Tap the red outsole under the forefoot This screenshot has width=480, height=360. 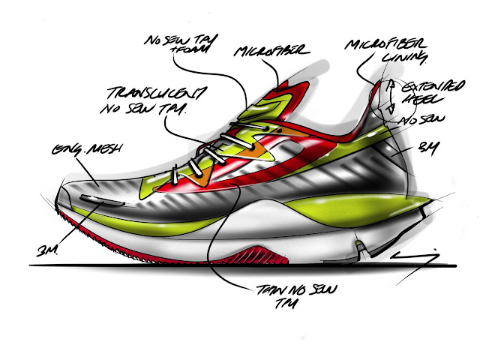click(x=150, y=247)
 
